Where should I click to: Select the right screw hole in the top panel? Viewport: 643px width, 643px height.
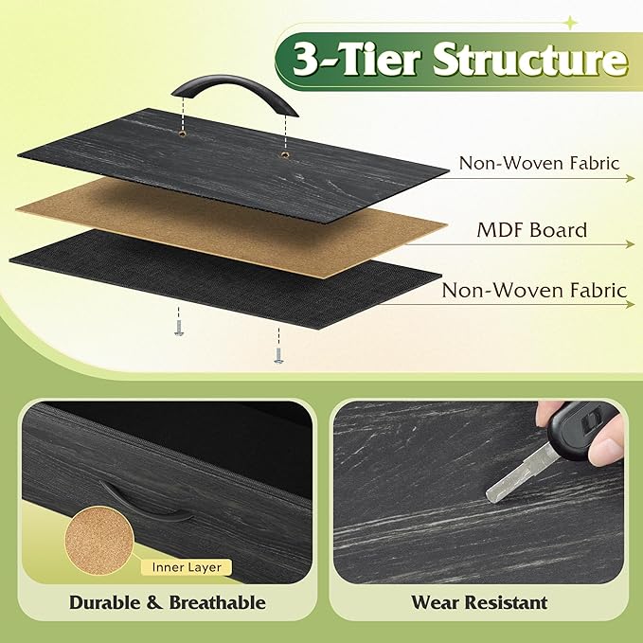click(284, 154)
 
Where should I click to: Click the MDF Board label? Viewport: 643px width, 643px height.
click(532, 230)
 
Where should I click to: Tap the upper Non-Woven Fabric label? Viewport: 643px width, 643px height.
click(539, 163)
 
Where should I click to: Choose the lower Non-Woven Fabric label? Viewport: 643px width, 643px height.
click(534, 291)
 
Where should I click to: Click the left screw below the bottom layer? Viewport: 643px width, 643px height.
click(178, 329)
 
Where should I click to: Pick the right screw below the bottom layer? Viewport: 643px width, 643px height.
click(278, 355)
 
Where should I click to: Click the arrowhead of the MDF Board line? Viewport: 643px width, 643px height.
click(631, 245)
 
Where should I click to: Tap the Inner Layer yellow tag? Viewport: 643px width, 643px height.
click(187, 567)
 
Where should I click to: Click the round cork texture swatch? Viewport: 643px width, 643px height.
click(99, 540)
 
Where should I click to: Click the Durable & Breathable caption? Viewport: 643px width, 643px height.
click(168, 603)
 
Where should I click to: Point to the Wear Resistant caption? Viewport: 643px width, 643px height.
click(479, 603)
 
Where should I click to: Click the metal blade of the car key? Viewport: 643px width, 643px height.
click(522, 474)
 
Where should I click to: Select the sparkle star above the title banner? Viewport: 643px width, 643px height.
click(570, 23)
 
